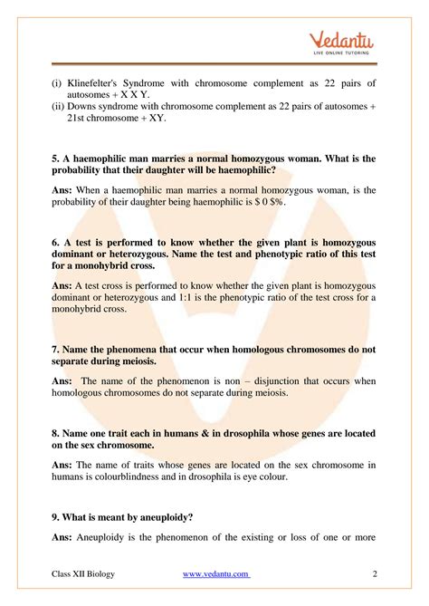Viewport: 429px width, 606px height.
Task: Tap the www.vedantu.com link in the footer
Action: click(x=216, y=574)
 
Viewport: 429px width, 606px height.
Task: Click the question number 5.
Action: click(x=56, y=159)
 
